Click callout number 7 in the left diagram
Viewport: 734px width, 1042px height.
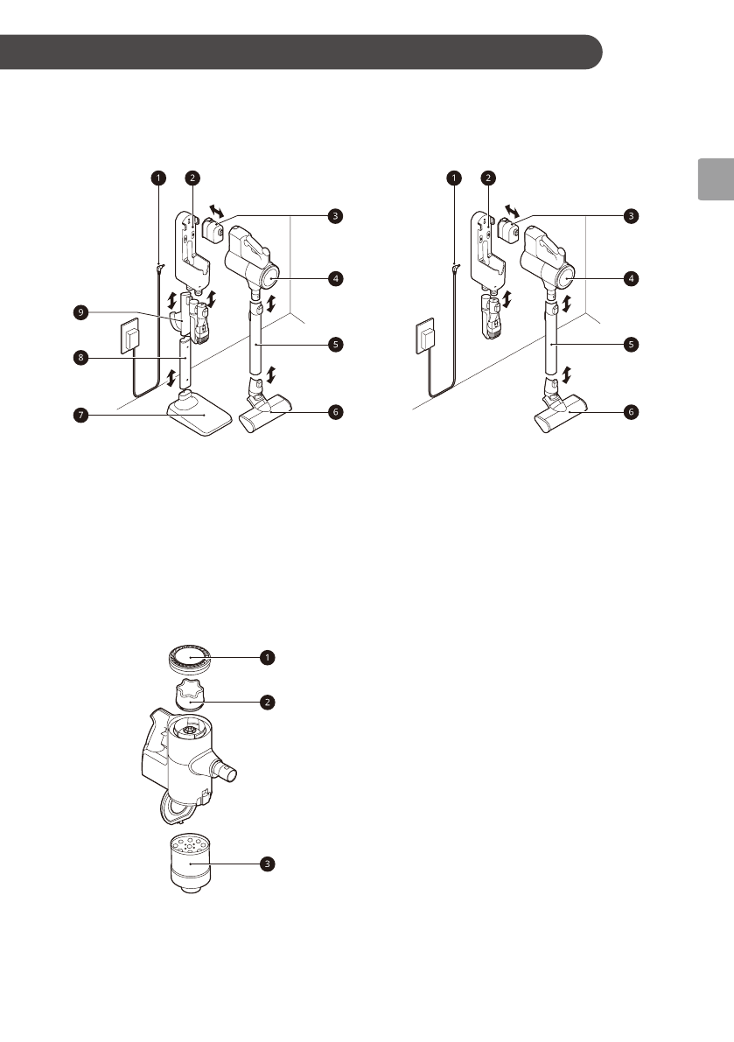pyautogui.click(x=80, y=416)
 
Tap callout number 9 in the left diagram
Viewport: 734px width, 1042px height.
pyautogui.click(x=80, y=312)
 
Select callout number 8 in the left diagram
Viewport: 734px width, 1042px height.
pyautogui.click(x=80, y=357)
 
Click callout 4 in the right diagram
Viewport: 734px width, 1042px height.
pyautogui.click(x=629, y=279)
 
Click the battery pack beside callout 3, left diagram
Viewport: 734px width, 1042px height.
pyautogui.click(x=214, y=234)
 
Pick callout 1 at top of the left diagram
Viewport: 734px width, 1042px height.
pyautogui.click(x=157, y=178)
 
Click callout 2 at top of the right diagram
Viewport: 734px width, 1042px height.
pyautogui.click(x=488, y=178)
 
